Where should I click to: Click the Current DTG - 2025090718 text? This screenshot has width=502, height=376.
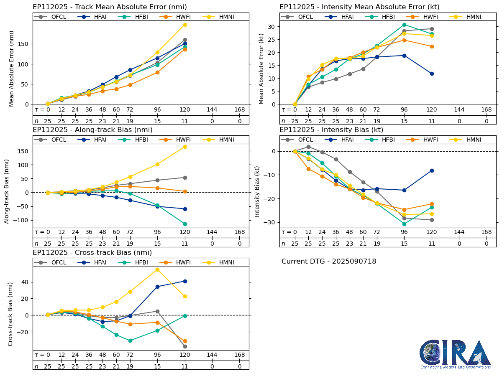329,262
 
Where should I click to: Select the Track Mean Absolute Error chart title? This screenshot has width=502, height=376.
110,7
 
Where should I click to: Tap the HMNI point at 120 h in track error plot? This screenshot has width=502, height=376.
185,25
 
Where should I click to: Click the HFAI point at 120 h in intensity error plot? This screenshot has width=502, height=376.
432,74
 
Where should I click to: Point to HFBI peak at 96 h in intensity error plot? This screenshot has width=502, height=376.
404,25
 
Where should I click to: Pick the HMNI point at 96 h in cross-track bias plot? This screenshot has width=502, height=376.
158,269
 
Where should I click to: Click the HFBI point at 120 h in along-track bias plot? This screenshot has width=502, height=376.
185,224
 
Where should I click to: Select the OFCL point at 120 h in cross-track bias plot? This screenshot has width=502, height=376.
185,346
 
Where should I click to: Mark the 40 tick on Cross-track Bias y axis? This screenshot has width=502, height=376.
25,282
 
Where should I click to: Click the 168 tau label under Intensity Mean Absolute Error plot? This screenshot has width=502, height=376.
486,109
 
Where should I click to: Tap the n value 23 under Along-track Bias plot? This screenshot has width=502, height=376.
102,244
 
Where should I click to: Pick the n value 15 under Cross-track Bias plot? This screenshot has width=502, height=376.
158,366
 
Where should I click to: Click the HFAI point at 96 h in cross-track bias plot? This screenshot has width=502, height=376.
158,287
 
